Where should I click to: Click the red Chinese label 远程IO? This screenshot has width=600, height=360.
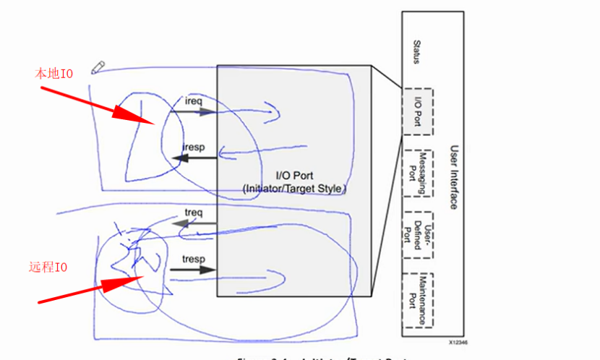pyautogui.click(x=48, y=267)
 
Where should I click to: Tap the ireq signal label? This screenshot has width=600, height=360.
pyautogui.click(x=194, y=101)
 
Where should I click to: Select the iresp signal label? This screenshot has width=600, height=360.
pyautogui.click(x=194, y=147)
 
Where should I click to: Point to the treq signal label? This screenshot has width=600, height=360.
pyautogui.click(x=193, y=213)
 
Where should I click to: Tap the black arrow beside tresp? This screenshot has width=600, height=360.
pyautogui.click(x=193, y=270)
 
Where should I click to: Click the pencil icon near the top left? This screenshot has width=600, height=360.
pyautogui.click(x=98, y=67)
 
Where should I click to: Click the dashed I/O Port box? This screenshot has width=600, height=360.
pyautogui.click(x=417, y=111)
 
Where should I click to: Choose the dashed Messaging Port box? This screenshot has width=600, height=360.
pyautogui.click(x=417, y=173)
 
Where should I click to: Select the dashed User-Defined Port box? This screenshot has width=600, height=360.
pyautogui.click(x=417, y=236)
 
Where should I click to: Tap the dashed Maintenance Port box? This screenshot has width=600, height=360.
pyautogui.click(x=417, y=299)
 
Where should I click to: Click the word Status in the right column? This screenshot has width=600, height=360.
pyautogui.click(x=416, y=52)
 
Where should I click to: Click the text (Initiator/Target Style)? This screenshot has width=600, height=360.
pyautogui.click(x=294, y=188)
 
